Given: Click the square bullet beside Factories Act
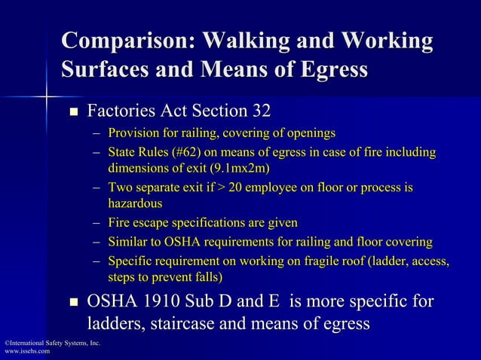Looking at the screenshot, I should click(x=74, y=113).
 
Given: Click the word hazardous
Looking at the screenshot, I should click(x=135, y=203).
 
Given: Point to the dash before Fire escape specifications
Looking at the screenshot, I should click(x=97, y=223).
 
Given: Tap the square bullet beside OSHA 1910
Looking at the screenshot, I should click(x=74, y=304).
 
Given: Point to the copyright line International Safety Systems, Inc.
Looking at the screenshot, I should click(x=51, y=343).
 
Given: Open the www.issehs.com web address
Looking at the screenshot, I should click(x=27, y=352).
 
